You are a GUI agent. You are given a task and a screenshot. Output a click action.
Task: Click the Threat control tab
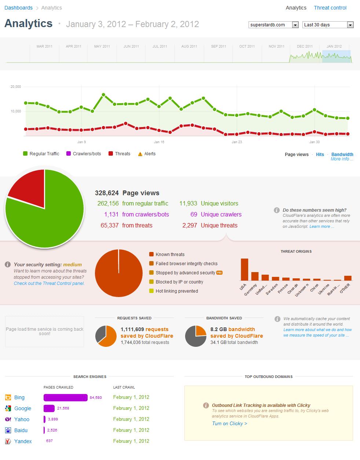pos(330,8)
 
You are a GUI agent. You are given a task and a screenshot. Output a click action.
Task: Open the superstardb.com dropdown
pos(273,25)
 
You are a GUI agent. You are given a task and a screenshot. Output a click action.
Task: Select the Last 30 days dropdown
pos(328,25)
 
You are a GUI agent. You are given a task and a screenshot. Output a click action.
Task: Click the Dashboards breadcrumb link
pos(18,8)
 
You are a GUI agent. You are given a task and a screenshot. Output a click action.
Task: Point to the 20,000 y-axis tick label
pos(16,87)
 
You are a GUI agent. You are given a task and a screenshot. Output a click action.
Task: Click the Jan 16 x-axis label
pos(159,142)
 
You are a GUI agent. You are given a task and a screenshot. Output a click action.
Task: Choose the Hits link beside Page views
pos(320,155)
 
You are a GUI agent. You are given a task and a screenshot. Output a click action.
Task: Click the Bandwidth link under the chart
pos(342,155)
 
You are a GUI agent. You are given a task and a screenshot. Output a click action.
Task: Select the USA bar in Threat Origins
pos(244,269)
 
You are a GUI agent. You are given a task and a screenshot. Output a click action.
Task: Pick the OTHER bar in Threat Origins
pos(348,278)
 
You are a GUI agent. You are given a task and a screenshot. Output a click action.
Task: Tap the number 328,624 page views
pos(107,193)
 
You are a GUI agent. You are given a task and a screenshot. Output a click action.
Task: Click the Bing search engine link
pos(19,397)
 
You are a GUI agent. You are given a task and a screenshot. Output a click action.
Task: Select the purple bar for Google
pos(49,408)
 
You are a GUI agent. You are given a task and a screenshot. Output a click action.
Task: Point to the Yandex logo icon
pos(8,441)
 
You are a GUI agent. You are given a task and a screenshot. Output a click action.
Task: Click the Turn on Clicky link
pos(229,423)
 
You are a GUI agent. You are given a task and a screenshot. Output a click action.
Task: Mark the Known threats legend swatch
pos(151,255)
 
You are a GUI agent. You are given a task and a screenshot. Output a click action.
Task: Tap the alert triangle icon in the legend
pos(140,154)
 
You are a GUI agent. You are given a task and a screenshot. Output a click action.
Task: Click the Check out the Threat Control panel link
pos(49,283)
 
